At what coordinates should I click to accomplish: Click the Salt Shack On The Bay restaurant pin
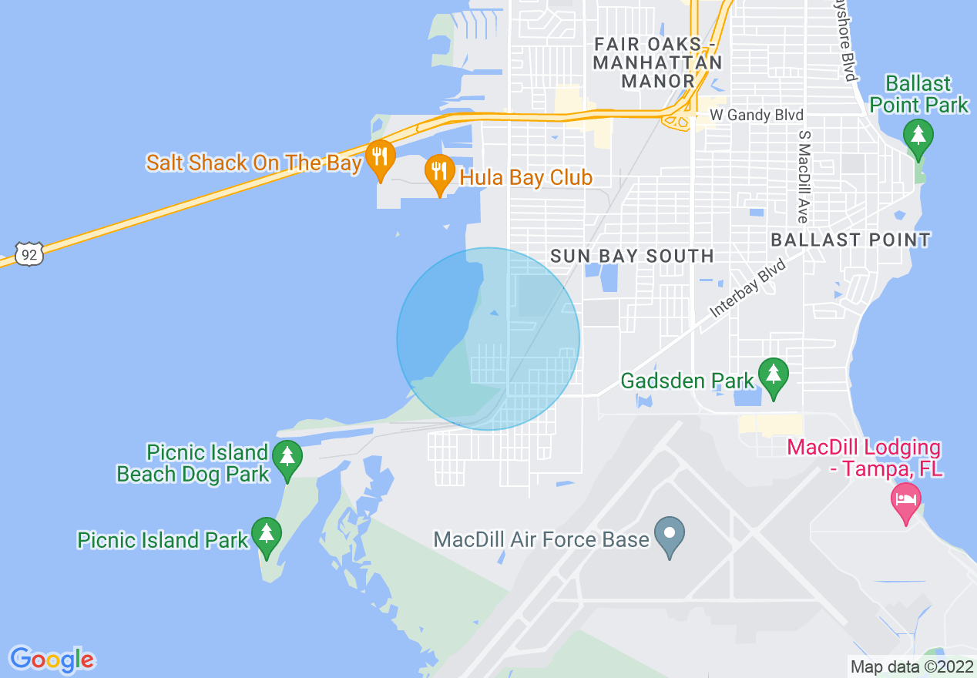click(379, 157)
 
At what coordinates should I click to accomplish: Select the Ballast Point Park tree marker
click(918, 136)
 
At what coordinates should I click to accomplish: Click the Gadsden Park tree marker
click(773, 375)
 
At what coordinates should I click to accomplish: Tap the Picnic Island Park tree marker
click(267, 535)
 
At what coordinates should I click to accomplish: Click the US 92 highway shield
click(29, 253)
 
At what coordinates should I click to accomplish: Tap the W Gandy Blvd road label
click(756, 116)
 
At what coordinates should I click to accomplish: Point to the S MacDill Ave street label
click(804, 176)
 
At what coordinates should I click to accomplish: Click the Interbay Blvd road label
click(747, 287)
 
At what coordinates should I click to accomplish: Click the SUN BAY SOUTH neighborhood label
click(632, 256)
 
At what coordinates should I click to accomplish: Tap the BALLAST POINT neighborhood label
click(851, 240)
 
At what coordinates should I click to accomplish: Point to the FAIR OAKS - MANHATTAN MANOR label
click(658, 62)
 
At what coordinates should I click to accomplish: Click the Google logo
click(52, 660)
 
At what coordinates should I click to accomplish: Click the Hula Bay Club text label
click(526, 178)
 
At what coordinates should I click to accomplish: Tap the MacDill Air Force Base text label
click(541, 539)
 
